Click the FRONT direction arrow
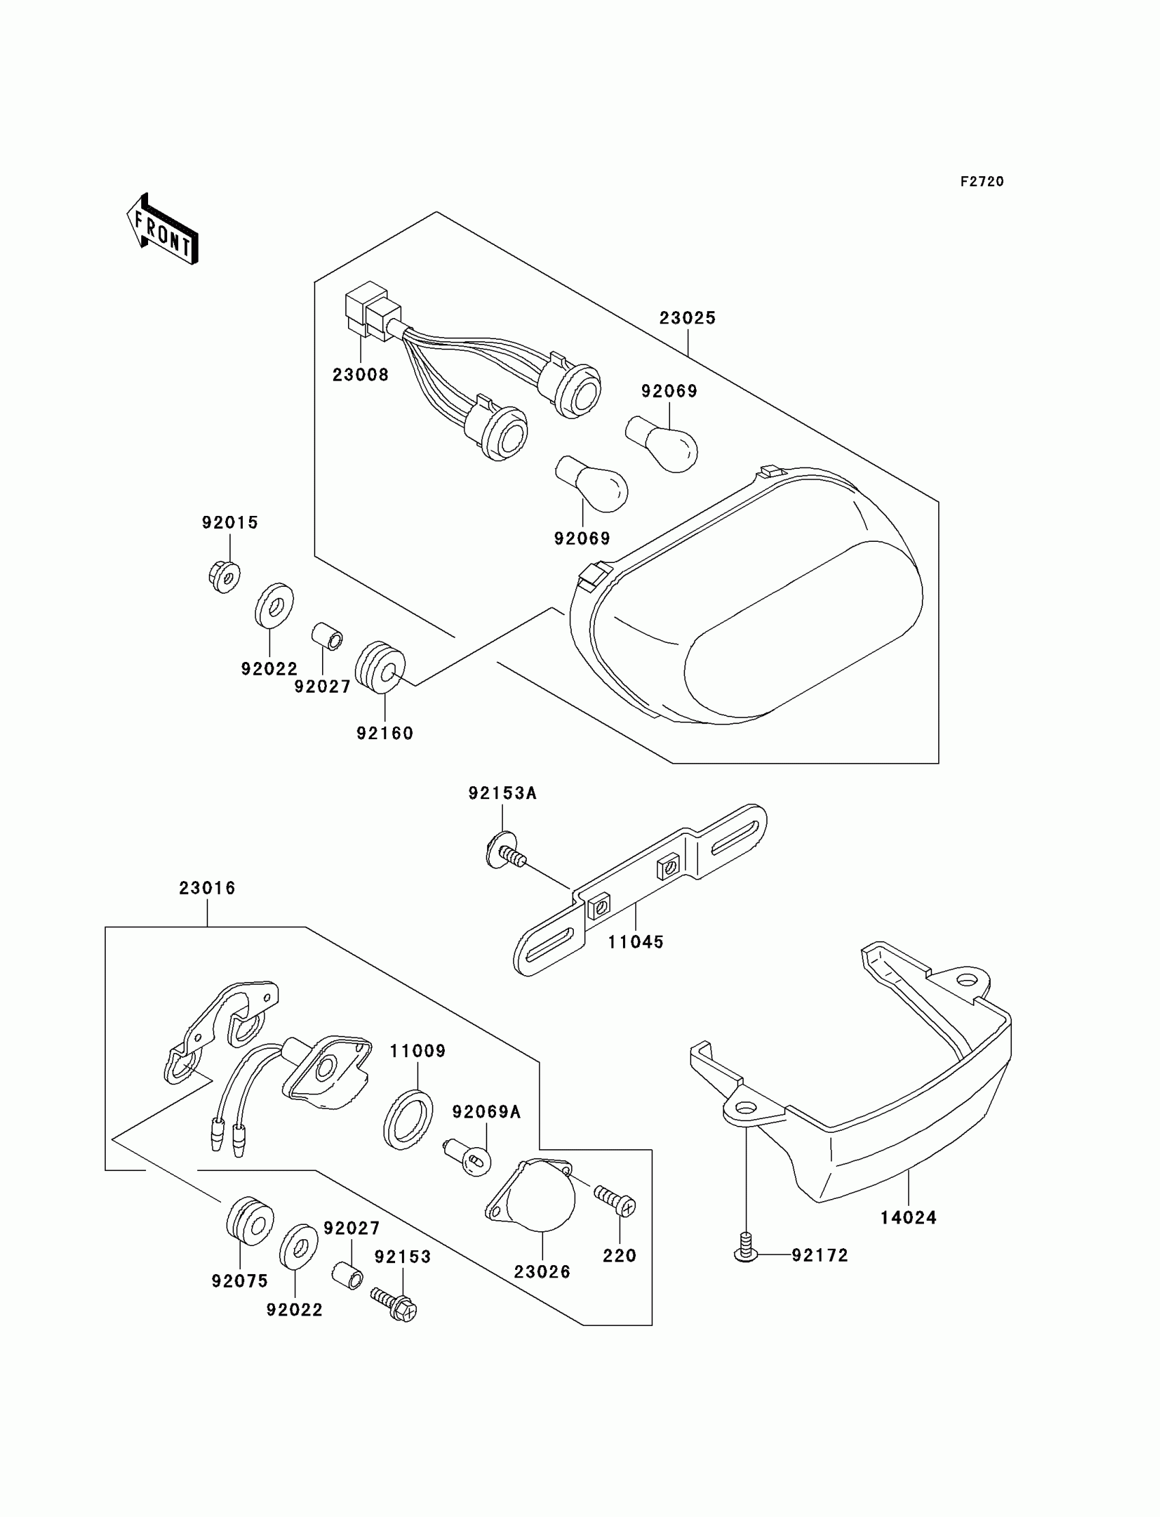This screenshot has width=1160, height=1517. pyautogui.click(x=163, y=231)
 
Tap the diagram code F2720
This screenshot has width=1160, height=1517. pyautogui.click(x=982, y=182)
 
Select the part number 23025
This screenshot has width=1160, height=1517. pyautogui.click(x=687, y=318)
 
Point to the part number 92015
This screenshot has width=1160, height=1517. pyautogui.click(x=230, y=523)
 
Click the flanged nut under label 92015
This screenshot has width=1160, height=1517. pyautogui.click(x=224, y=577)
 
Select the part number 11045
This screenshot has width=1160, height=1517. pyautogui.click(x=635, y=942)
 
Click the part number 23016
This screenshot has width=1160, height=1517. pyautogui.click(x=207, y=888)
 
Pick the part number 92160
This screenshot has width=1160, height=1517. pyautogui.click(x=385, y=734)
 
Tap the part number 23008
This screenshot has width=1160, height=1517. pyautogui.click(x=360, y=375)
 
